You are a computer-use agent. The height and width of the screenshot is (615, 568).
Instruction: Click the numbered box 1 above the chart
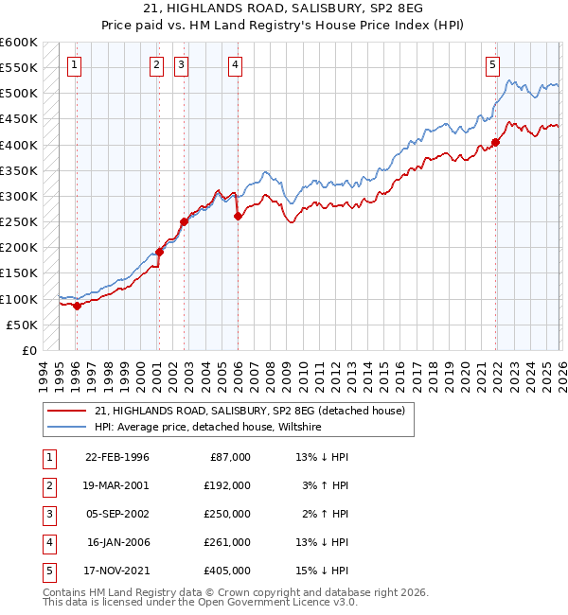(x=75, y=65)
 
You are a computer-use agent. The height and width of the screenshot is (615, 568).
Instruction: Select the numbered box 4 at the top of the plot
(x=235, y=65)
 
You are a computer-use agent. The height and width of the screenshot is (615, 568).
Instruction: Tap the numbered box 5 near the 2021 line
(x=492, y=65)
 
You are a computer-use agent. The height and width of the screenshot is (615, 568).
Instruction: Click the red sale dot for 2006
(x=237, y=217)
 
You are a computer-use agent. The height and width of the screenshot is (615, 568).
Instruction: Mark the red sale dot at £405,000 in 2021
(x=495, y=143)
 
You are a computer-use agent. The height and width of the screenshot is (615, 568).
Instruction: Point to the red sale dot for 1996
(x=77, y=306)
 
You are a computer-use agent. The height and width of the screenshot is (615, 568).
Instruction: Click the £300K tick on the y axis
(x=19, y=196)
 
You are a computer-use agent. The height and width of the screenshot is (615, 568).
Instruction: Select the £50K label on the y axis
(x=22, y=325)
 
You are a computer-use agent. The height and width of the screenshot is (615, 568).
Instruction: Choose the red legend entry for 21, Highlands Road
(x=250, y=411)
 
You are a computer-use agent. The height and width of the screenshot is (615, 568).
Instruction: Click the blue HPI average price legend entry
(x=208, y=428)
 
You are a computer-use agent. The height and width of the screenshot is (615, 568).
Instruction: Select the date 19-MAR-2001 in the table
(x=117, y=484)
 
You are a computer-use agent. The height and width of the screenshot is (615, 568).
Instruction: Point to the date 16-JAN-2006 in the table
(x=117, y=542)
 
